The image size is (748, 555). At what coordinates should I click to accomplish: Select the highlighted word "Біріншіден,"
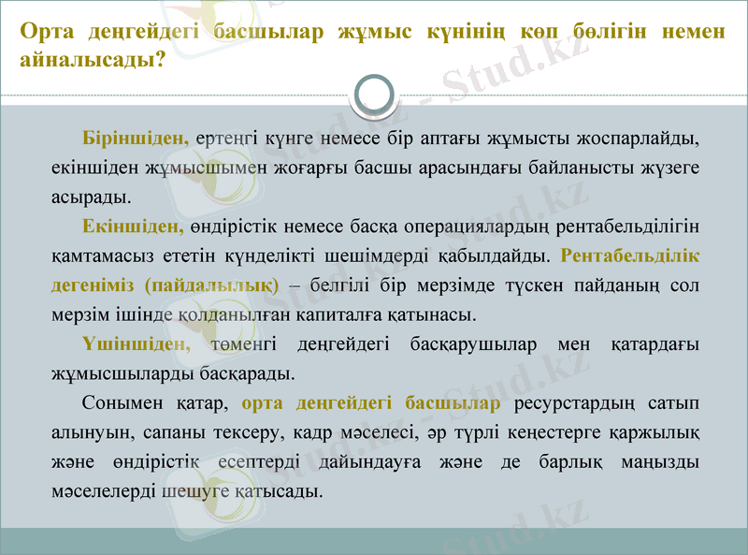point(136,139)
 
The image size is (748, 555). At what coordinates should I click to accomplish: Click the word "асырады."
point(92,197)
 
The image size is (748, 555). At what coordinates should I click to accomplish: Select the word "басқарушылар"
point(473,343)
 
